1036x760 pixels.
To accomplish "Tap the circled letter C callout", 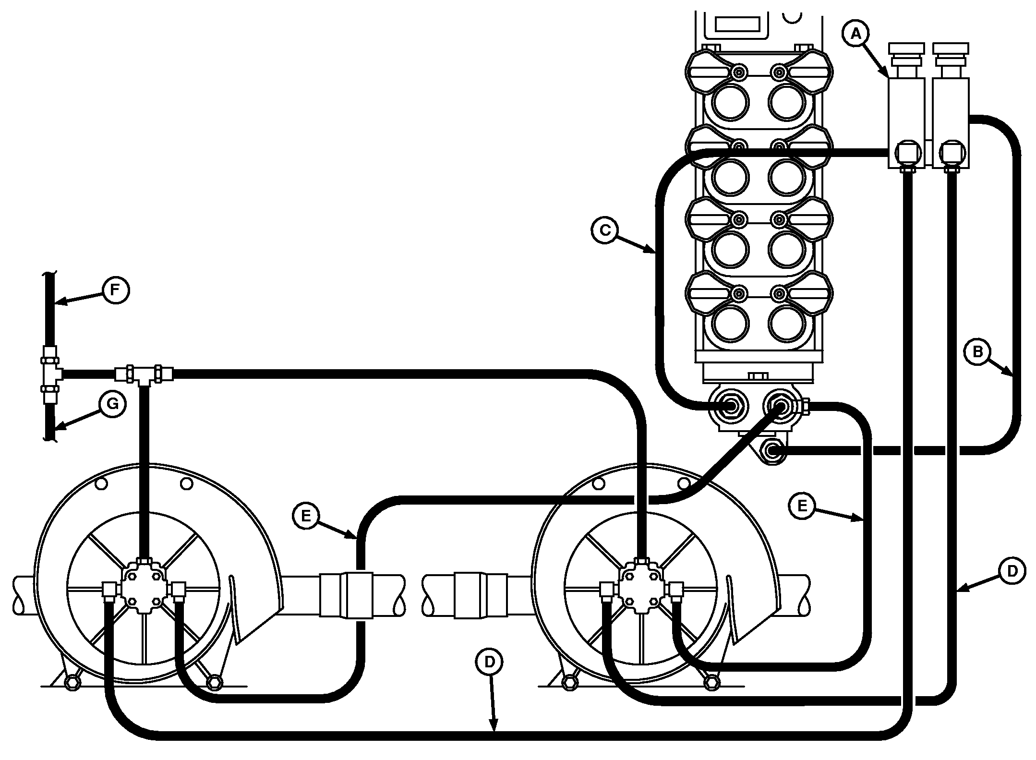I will [605, 230].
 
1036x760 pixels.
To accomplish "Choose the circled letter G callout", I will [112, 404].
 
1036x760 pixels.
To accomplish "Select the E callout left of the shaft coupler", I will [306, 516].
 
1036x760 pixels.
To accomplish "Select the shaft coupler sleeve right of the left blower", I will [347, 594].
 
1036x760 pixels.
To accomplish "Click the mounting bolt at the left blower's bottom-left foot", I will [72, 682].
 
